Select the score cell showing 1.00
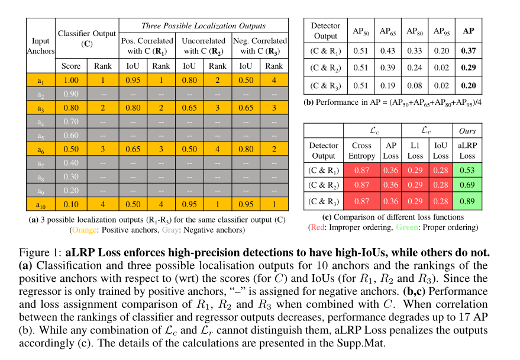pyautogui.click(x=71, y=81)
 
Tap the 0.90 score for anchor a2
pyautogui.click(x=71, y=94)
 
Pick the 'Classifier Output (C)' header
pyautogui.click(x=87, y=38)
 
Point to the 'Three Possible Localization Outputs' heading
pyautogui.click(x=203, y=26)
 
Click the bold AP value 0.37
pyautogui.click(x=469, y=51)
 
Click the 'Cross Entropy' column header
pyautogui.click(x=361, y=150)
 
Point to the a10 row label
pyautogui.click(x=40, y=205)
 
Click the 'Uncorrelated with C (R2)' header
pyautogui.click(x=203, y=46)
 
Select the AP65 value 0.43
pyautogui.click(x=387, y=51)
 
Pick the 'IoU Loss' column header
pyautogui.click(x=440, y=150)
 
